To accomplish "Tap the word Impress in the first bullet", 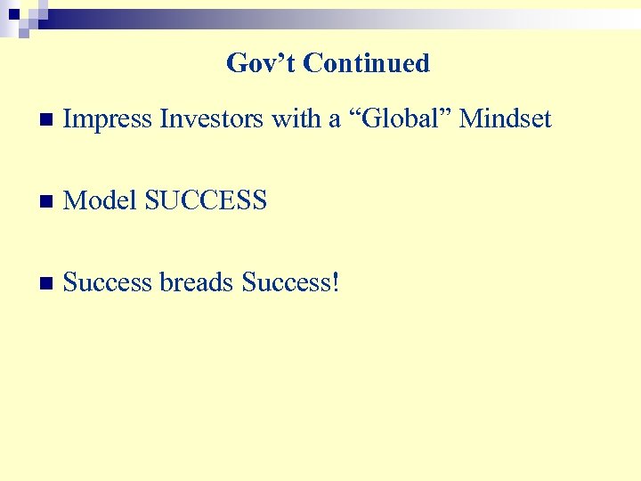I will pos(109,118).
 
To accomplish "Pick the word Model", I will pos(101,200).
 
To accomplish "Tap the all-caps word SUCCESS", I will pos(206,200).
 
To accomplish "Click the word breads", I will pos(197,282).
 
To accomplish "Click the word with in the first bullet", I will pos(293,118).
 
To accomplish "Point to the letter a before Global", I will pos(335,120).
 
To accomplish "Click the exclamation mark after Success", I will pos(335,282).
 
